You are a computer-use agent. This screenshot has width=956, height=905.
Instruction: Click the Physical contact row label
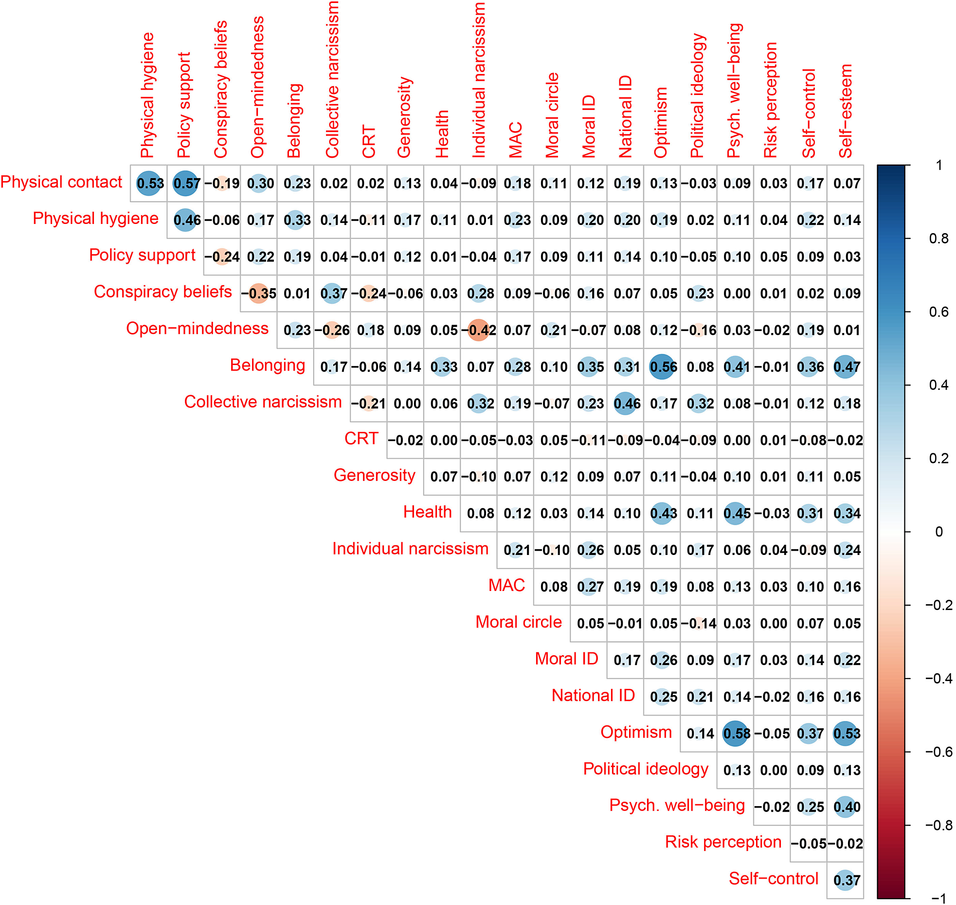[61, 182]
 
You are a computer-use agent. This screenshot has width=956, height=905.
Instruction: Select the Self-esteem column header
[846, 111]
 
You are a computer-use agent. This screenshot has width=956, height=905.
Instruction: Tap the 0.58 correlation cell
[736, 734]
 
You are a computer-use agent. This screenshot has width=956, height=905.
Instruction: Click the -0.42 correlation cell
[479, 330]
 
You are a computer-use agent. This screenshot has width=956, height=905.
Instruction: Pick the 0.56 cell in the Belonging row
[662, 367]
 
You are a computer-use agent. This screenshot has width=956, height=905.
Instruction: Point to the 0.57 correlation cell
[185, 184]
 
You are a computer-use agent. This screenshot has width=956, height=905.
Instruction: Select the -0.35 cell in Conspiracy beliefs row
[259, 294]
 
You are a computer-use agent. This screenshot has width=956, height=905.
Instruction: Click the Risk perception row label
[723, 842]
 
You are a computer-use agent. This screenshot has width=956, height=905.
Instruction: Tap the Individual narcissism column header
[479, 80]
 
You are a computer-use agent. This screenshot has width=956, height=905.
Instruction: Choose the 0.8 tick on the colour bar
[938, 239]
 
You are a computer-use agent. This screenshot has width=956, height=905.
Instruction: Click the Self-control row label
[774, 879]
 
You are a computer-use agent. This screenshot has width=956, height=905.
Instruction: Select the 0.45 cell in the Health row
[736, 514]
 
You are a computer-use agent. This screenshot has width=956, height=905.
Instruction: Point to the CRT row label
[361, 439]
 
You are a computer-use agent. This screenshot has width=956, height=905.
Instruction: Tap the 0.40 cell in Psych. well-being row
[846, 807]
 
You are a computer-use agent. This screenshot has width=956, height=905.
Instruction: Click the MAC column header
[516, 140]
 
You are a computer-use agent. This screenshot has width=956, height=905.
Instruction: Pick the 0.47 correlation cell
[846, 367]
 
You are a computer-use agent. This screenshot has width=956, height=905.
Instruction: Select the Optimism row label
[636, 732]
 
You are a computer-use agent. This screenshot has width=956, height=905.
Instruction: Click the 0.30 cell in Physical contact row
[259, 184]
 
